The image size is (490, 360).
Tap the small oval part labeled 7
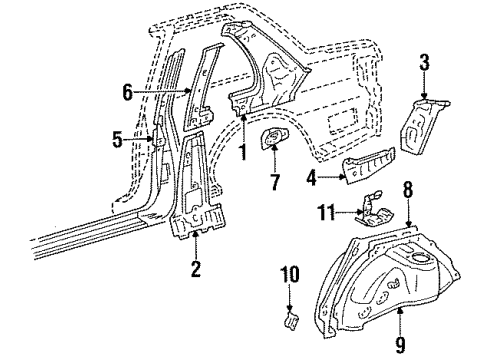point(274,141)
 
